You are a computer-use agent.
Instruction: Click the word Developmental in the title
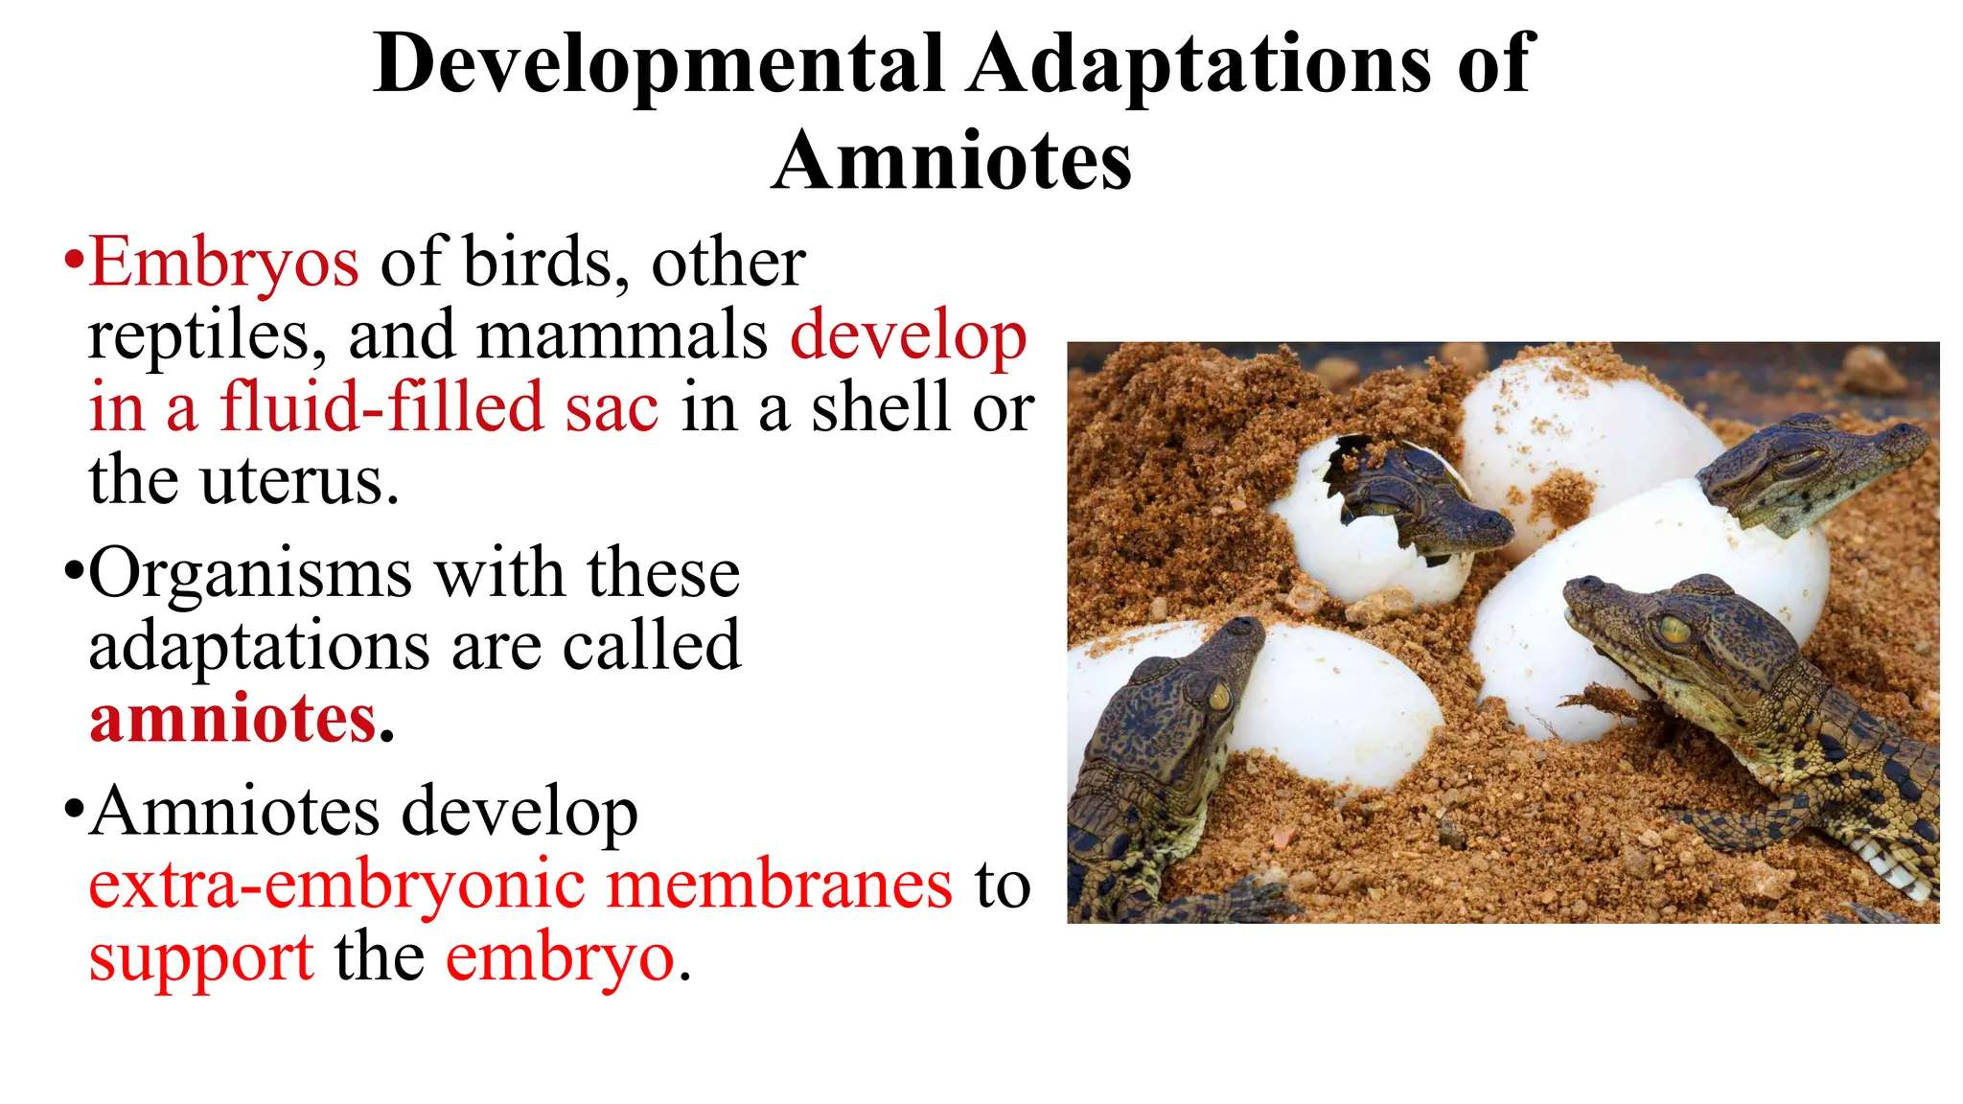(658, 65)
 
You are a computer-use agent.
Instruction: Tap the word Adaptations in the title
(1198, 65)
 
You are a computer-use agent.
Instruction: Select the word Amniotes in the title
(951, 161)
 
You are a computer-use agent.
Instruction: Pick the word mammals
(622, 335)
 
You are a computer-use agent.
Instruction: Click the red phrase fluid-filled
(381, 407)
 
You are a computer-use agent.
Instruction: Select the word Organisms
(250, 574)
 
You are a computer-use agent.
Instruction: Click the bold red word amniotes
(233, 719)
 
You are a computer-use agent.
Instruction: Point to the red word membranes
(780, 885)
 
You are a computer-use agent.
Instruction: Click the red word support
(201, 957)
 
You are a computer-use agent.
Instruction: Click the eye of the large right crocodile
(1674, 630)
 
